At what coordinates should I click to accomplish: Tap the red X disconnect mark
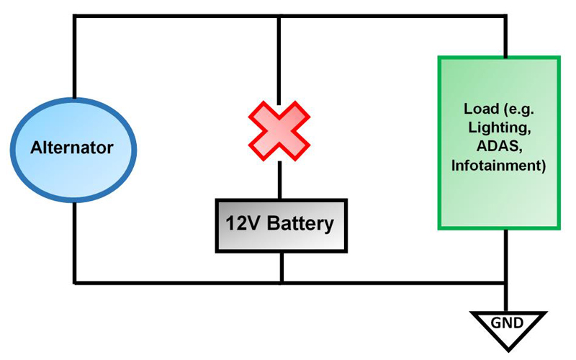[x=279, y=130]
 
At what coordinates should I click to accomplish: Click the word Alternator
[x=72, y=149]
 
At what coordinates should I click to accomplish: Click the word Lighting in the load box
[x=498, y=127]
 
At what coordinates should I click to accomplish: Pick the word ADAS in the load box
[x=498, y=147]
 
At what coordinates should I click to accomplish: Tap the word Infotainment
[x=498, y=166]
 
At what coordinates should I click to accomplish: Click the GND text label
[x=508, y=322]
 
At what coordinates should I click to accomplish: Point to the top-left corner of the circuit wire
[x=74, y=16]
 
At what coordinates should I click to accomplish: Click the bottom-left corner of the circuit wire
[x=74, y=282]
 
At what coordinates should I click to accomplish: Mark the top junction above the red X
[x=279, y=16]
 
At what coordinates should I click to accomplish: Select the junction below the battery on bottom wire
[x=281, y=282]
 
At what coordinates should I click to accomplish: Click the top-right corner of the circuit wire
[x=507, y=16]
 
